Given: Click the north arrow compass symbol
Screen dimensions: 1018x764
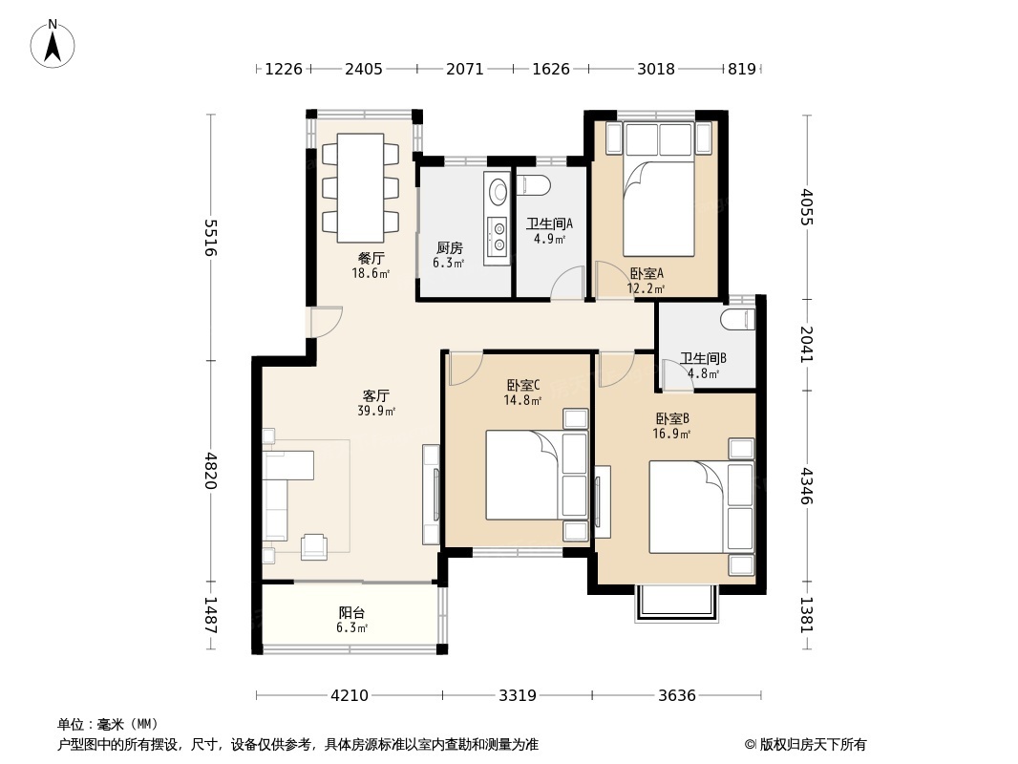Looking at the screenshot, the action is point(53,44).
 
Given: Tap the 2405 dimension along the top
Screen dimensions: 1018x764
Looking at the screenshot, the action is point(364,69).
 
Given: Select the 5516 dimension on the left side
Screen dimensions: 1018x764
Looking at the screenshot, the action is point(210,238).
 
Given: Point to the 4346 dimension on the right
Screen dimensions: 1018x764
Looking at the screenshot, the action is point(806,485).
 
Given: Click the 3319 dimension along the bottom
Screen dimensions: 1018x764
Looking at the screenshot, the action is point(518,696).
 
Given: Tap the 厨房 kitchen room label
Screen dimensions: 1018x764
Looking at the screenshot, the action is point(449,248).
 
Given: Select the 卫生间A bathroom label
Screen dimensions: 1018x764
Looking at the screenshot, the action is point(549,223).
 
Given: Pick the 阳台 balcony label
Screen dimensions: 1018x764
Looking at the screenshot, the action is point(351,613).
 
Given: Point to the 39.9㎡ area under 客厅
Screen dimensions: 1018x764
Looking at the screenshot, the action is point(376,411).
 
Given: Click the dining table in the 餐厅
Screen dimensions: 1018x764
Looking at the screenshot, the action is point(360,187).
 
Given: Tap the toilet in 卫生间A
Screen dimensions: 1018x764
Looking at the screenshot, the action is point(534,186).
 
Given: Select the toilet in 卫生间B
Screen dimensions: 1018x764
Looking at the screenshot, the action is point(738,320).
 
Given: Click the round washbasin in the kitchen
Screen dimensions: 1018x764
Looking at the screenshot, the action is point(498,190).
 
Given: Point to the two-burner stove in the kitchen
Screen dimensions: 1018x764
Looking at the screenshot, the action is point(498,236).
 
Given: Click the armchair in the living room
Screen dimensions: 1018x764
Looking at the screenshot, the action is point(314,546).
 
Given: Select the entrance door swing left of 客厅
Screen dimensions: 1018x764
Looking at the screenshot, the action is point(326,322).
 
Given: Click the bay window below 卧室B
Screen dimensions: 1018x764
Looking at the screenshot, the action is point(677,604).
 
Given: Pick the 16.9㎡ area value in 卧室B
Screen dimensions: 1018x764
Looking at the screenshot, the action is point(672,434).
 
